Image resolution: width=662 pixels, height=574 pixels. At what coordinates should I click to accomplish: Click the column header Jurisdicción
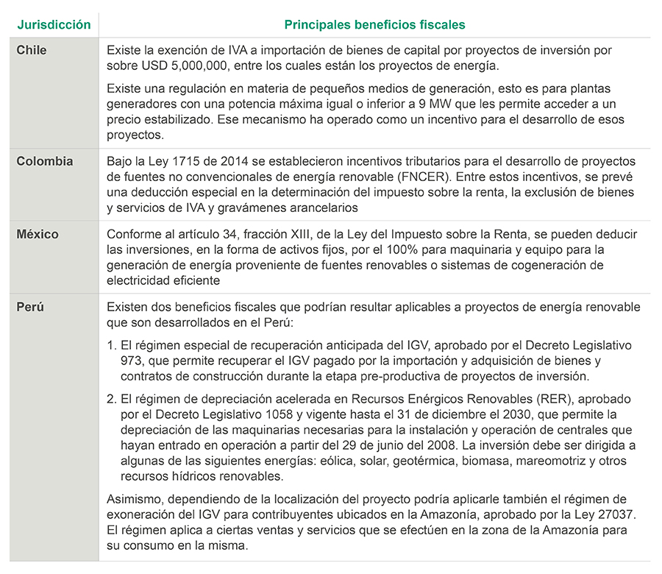tap(54, 24)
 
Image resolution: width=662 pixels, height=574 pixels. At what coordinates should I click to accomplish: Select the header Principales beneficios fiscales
tap(374, 24)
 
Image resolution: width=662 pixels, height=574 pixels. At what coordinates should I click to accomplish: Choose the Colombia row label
tap(45, 161)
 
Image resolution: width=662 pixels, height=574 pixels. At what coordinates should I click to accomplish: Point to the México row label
tap(38, 234)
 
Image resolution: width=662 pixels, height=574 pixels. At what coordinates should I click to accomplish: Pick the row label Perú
tap(30, 307)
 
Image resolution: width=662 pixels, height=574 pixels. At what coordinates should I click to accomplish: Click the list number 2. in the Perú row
tap(112, 398)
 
